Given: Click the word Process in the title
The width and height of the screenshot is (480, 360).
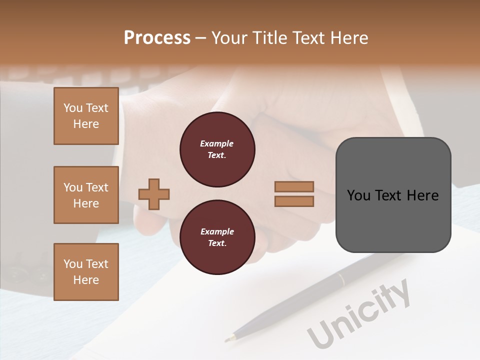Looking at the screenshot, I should click(x=157, y=38).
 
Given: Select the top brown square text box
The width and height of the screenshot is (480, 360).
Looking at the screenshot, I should click(x=86, y=116).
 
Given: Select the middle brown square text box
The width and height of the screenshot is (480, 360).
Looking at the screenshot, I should click(x=86, y=195).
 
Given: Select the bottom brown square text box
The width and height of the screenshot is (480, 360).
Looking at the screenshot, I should click(x=86, y=272).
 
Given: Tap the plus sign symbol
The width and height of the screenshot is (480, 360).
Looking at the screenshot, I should click(x=154, y=194).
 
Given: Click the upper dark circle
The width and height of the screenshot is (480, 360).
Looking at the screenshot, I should click(x=217, y=149).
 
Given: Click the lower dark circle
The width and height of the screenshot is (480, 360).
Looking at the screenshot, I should click(x=217, y=237).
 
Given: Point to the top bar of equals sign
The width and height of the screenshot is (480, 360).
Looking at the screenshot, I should click(x=294, y=186).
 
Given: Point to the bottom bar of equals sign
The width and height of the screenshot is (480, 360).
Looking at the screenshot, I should click(x=294, y=201).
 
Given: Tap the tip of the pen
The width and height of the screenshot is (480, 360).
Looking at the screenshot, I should click(x=227, y=340).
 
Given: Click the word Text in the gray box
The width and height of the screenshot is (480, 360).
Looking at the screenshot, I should click(x=388, y=195).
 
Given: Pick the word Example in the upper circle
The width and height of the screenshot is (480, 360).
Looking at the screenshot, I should click(x=217, y=143).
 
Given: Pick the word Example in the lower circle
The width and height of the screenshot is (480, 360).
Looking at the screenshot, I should click(x=217, y=231).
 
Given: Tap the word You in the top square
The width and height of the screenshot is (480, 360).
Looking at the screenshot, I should click(x=73, y=108).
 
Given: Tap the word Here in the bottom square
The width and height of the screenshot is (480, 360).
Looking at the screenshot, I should click(x=86, y=280).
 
